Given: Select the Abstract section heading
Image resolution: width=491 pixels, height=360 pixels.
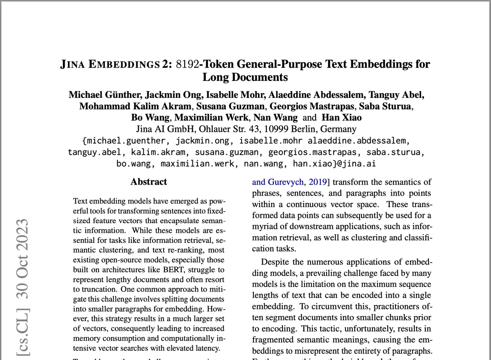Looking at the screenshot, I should [x=148, y=182].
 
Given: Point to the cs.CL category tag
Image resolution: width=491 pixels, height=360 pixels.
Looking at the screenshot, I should [x=23, y=330].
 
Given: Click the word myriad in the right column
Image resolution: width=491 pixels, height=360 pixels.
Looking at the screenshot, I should [x=266, y=226].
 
